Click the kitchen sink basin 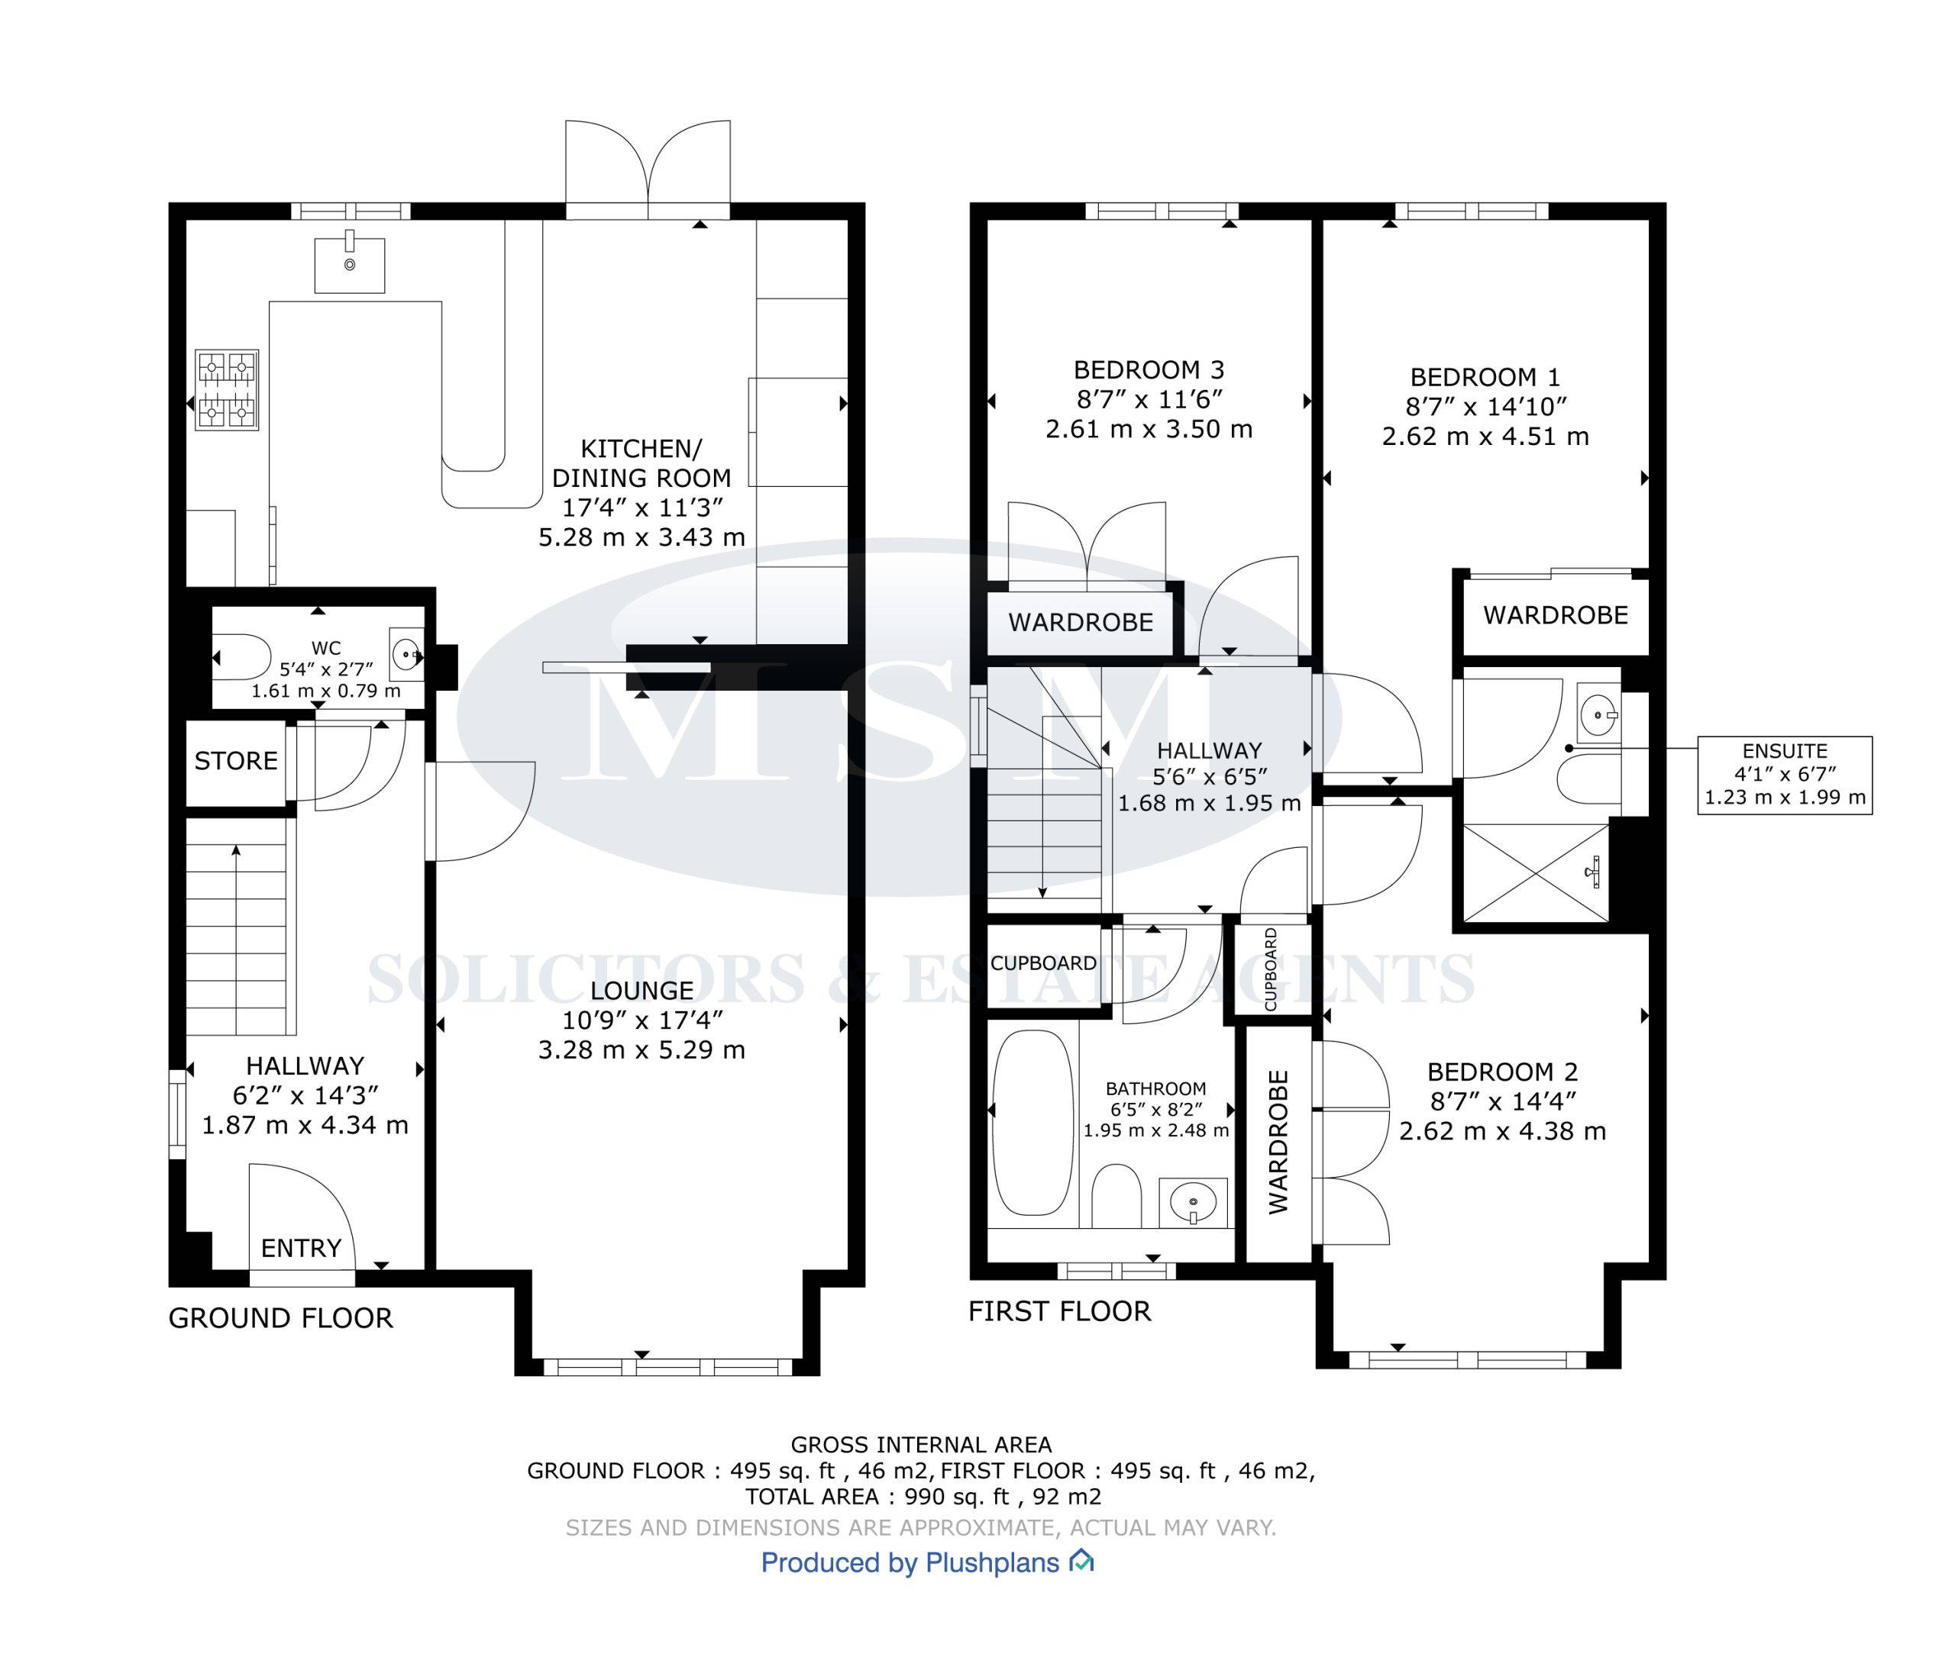coord(349,265)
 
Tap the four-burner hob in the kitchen coord(227,391)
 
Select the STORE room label coord(236,761)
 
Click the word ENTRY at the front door coord(301,1249)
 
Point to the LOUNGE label coord(641,990)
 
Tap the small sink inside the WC coord(408,652)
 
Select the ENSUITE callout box coord(1784,775)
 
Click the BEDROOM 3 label coord(1149,369)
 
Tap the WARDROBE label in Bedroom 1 coord(1556,616)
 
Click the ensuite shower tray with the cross coord(1535,872)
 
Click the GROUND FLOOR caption coord(280,1318)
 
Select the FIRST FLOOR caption coord(1059,1312)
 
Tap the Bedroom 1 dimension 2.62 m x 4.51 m coord(1485,437)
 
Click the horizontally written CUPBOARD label coord(1043,963)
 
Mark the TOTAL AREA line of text coord(923,1497)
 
